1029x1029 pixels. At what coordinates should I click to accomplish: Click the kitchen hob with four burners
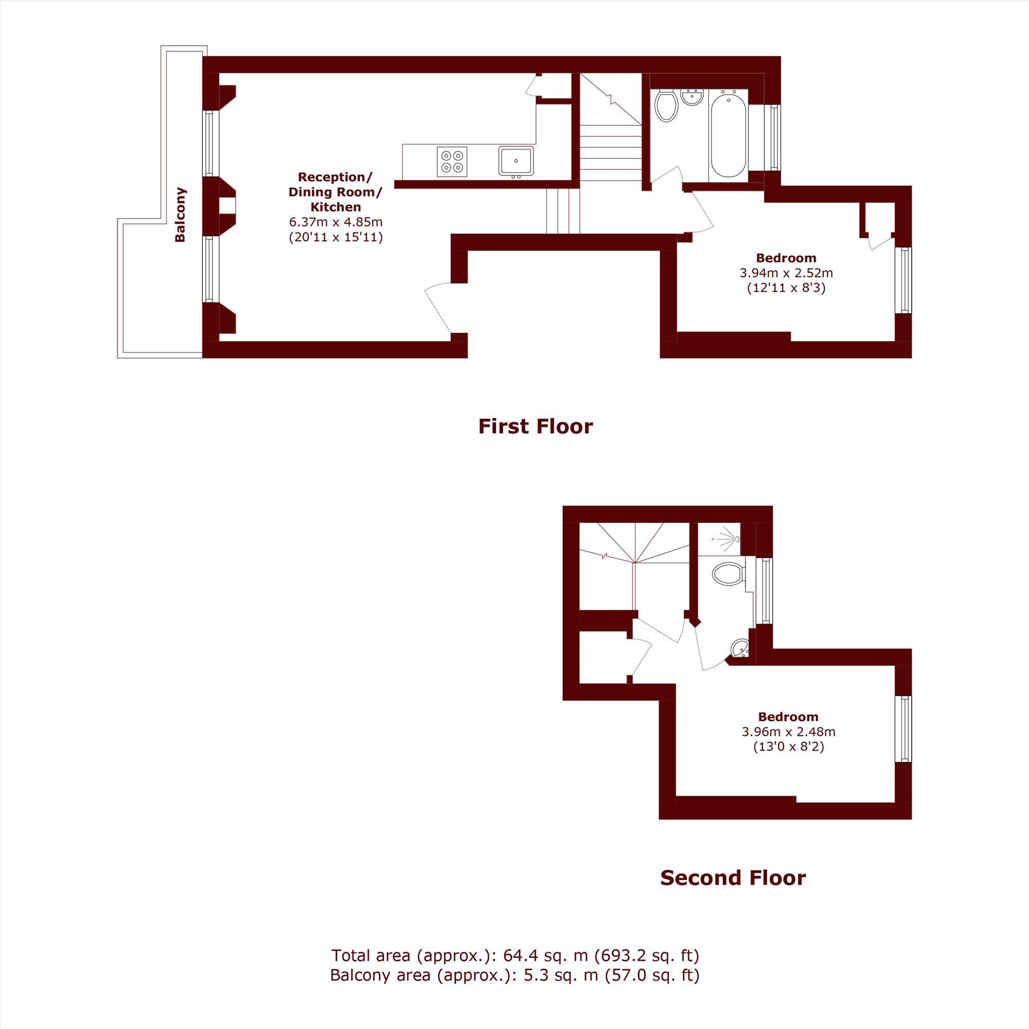(x=452, y=162)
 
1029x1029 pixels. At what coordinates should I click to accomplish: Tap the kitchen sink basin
(x=516, y=161)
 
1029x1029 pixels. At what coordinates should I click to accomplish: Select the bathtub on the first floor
(x=728, y=135)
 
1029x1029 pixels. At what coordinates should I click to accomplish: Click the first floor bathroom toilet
(x=666, y=105)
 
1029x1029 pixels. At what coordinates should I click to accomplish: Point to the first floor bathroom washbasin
(x=693, y=97)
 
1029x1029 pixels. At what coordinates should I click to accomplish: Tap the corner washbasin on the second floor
(x=741, y=649)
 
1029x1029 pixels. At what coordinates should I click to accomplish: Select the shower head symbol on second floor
(x=727, y=539)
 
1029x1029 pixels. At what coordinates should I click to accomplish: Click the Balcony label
(x=180, y=215)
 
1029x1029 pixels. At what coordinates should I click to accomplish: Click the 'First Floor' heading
(x=535, y=427)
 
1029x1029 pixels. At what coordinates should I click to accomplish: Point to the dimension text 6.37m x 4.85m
(x=335, y=222)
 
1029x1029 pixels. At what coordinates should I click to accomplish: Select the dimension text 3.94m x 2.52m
(x=786, y=273)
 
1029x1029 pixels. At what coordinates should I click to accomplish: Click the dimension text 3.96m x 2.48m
(x=788, y=732)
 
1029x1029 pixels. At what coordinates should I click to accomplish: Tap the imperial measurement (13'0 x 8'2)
(x=788, y=747)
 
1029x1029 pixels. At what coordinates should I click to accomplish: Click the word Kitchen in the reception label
(x=335, y=207)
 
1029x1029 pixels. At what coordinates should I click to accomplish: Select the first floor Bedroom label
(x=786, y=258)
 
